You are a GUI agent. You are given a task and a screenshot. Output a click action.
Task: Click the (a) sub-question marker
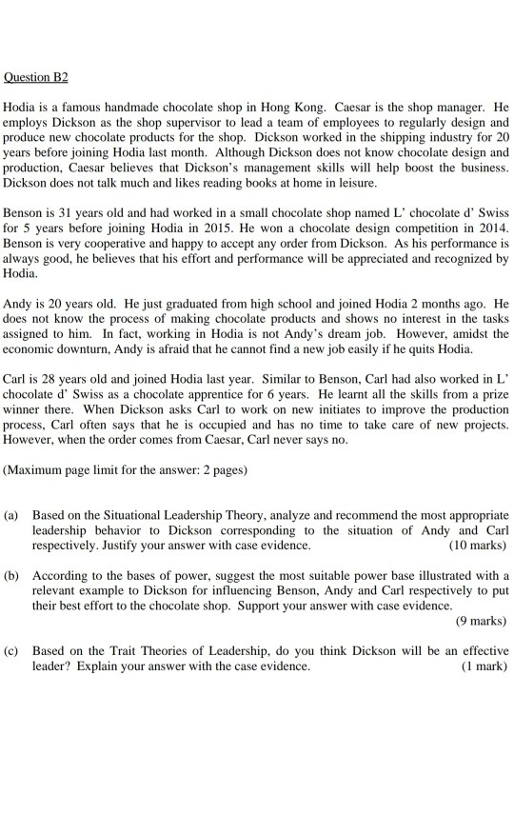pos(12,516)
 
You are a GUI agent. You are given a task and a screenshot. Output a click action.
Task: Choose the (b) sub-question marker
pos(12,576)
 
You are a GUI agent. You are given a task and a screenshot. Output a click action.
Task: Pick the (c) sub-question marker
pos(12,652)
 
